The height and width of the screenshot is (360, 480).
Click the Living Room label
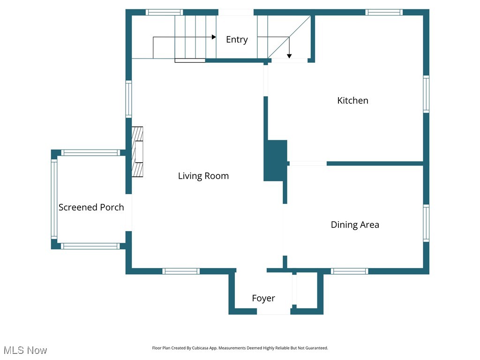point(203,176)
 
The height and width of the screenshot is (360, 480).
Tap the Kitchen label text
point(352,100)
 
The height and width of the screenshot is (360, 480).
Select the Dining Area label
point(355,225)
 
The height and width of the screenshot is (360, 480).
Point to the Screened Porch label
point(91,207)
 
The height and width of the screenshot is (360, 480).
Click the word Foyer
point(263,298)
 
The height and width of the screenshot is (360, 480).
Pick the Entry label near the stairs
point(237,39)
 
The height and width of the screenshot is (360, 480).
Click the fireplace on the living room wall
point(137,151)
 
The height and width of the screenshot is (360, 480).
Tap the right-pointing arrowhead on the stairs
point(214,37)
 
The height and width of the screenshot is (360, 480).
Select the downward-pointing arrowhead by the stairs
point(289,56)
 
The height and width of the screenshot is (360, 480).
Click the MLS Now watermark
point(25,350)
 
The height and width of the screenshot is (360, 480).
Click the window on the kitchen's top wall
point(384,12)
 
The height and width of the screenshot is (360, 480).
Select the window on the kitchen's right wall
point(426,94)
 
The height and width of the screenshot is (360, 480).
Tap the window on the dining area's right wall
point(426,223)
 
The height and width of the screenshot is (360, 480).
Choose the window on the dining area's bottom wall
point(350,271)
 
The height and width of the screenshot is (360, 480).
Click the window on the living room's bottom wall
point(181,271)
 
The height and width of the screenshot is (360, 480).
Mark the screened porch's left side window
point(54,199)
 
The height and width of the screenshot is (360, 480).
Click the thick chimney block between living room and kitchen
point(275,160)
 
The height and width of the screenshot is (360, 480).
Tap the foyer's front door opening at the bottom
point(274,311)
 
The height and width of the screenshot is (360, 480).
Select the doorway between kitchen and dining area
point(307,163)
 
